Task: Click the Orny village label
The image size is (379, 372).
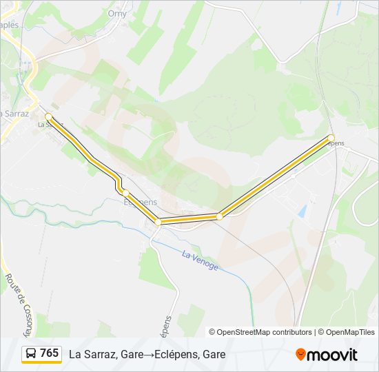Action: click(117, 13)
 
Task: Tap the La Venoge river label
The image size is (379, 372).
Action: click(200, 260)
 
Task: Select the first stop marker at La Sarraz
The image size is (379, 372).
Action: click(48, 116)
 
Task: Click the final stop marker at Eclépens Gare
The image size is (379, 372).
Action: click(331, 138)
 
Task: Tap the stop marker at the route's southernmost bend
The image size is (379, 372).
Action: click(158, 222)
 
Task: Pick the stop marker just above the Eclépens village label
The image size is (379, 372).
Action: click(125, 192)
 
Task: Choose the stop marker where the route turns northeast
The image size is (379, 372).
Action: click(219, 216)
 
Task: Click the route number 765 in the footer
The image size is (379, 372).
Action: click(50, 353)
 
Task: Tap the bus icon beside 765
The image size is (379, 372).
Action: click(32, 354)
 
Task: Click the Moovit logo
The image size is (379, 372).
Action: click(327, 355)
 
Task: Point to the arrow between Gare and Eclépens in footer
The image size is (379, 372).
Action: click(149, 355)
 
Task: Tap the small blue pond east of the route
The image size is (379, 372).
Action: click(302, 211)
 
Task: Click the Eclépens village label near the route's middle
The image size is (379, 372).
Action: click(140, 202)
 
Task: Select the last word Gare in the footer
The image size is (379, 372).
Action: click(214, 355)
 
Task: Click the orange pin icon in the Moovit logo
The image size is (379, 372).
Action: click(300, 355)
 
